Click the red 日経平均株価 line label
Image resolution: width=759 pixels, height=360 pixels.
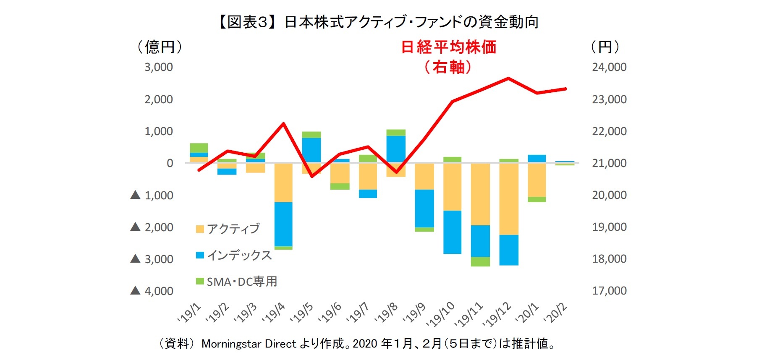tap(448, 47)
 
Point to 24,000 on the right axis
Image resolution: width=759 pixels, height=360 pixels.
tap(609, 67)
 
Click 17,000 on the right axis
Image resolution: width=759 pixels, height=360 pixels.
tap(609, 291)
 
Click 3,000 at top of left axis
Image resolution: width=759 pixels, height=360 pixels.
tap(159, 67)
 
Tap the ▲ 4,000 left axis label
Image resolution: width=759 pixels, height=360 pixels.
tap(152, 291)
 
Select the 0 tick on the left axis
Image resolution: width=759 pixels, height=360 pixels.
tap(170, 163)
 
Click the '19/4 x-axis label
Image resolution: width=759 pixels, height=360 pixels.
tap(273, 313)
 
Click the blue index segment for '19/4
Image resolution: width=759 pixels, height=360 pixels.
tap(283, 224)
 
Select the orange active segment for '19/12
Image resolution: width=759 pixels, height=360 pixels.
tap(508, 198)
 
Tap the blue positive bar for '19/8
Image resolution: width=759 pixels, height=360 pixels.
tap(396, 149)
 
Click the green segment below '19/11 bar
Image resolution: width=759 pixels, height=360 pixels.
tap(480, 261)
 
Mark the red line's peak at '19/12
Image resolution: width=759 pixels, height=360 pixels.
tap(508, 78)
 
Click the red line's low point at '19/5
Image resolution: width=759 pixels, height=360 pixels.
tap(312, 176)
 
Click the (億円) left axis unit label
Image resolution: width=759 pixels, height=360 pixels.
tap(160, 47)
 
